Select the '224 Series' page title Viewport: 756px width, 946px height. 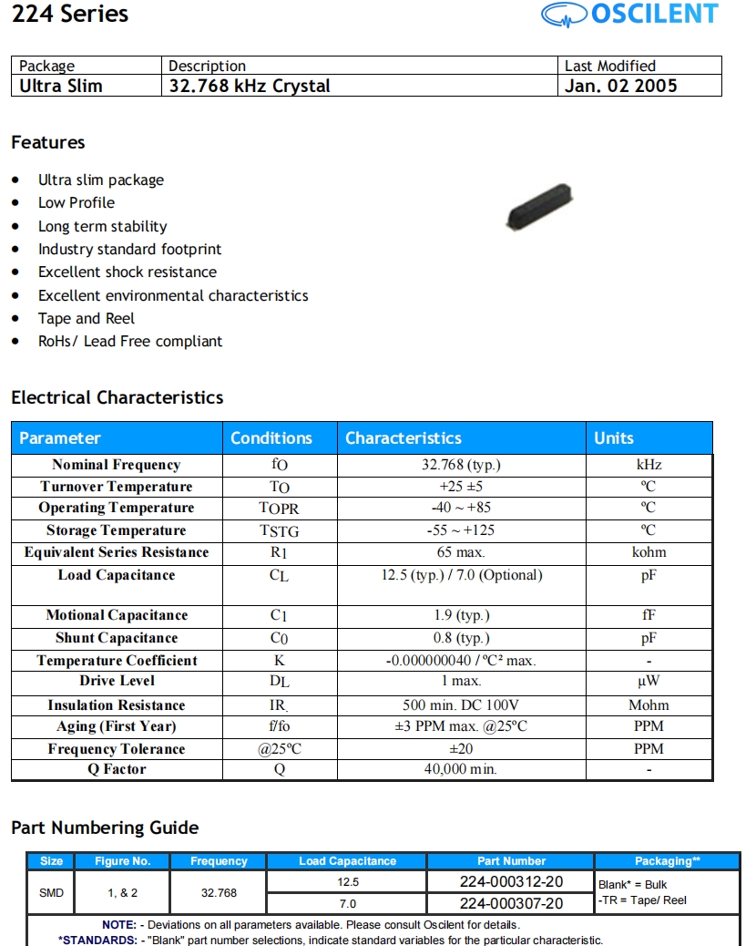tap(70, 15)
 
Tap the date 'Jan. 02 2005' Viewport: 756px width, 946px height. tap(621, 86)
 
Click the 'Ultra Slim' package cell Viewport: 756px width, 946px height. tap(61, 86)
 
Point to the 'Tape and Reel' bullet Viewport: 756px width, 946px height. tap(87, 318)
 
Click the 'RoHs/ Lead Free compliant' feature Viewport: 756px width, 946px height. tap(130, 341)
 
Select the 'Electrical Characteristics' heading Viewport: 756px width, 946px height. tap(117, 397)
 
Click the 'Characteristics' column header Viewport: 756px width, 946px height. tap(404, 438)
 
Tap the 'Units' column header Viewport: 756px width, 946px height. tap(614, 438)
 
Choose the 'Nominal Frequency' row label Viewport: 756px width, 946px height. tap(117, 465)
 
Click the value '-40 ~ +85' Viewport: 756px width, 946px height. tap(461, 508)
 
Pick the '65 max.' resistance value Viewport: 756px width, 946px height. tap(461, 552)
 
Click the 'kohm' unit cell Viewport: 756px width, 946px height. tap(649, 552)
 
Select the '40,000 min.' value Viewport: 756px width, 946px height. tap(461, 769)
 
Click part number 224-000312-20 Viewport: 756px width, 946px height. tap(511, 881)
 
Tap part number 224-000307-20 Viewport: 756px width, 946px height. tap(511, 903)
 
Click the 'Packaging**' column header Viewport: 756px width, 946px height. tap(668, 861)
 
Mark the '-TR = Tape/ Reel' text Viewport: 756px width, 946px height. tap(643, 900)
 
